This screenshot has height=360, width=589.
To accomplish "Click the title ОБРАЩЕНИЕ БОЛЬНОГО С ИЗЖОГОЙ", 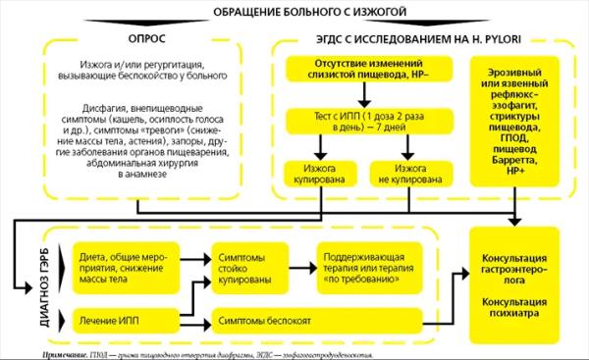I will pyautogui.click(x=294, y=11).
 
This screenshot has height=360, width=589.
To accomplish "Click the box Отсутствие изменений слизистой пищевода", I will pyautogui.click(x=364, y=70).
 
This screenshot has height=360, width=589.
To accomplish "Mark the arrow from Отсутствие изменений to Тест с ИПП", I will pyautogui.click(x=364, y=95).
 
